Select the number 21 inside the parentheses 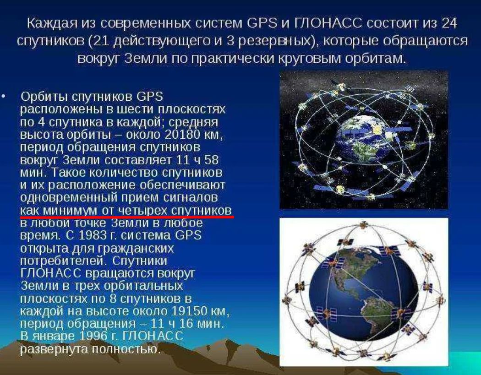(102, 41)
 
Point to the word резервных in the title (269, 41)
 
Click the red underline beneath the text (126, 216)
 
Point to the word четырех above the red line (141, 210)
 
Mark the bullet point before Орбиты (4, 97)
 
